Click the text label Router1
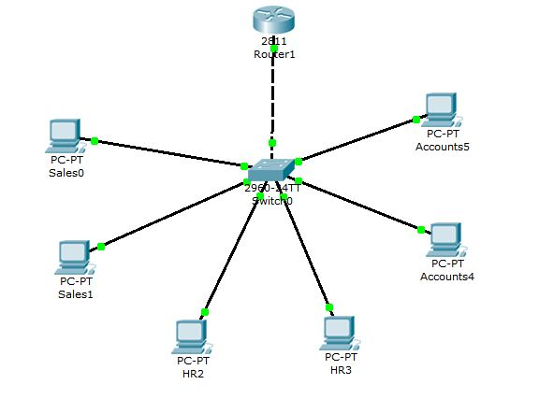(273, 54)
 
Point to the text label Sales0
(61, 173)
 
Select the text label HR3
(341, 371)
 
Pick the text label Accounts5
(441, 148)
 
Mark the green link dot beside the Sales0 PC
(95, 141)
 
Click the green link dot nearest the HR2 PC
(205, 312)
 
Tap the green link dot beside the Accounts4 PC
(421, 229)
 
